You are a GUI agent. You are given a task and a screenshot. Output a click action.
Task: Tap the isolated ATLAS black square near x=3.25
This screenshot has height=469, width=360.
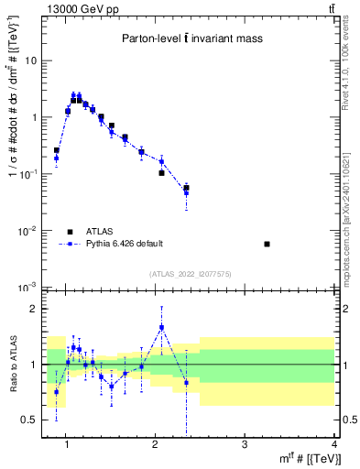pyautogui.click(x=267, y=244)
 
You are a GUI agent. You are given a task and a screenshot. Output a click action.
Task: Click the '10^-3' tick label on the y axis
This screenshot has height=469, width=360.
pyautogui.click(x=28, y=288)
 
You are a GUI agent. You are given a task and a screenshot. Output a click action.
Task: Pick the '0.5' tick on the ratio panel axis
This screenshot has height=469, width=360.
pyautogui.click(x=28, y=420)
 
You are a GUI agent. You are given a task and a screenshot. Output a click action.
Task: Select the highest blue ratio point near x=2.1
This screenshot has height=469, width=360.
pyautogui.click(x=161, y=327)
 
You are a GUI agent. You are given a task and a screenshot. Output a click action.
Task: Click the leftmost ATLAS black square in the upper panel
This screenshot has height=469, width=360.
pyautogui.click(x=56, y=150)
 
